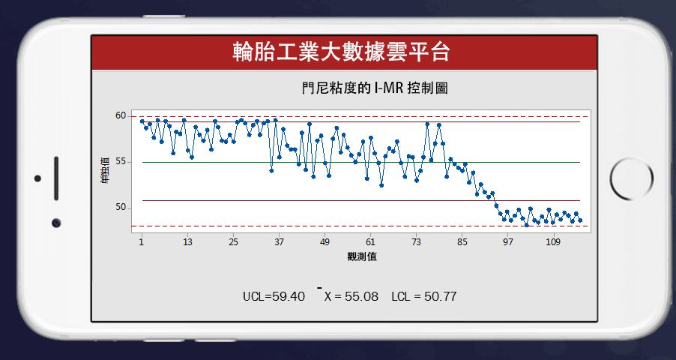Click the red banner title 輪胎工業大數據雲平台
[341, 52]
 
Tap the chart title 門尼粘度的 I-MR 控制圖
[375, 88]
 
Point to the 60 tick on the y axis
[121, 115]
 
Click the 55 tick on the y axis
[121, 162]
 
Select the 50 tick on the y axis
[121, 208]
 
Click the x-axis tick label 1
[142, 242]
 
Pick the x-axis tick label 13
[187, 242]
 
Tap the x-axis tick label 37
[279, 242]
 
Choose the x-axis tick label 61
[370, 242]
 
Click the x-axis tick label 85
[462, 242]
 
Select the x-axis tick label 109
[553, 242]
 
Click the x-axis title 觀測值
[362, 256]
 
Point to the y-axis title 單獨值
[104, 171]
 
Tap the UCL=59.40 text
[274, 296]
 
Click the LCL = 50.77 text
[423, 296]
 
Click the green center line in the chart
[360, 162]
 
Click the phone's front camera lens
[56, 223]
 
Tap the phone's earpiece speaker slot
[56, 178]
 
